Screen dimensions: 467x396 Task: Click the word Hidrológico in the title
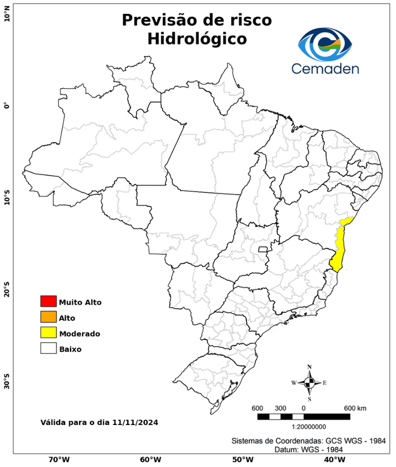(197, 39)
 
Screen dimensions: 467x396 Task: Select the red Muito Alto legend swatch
(48, 301)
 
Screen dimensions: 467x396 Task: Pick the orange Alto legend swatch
(48, 317)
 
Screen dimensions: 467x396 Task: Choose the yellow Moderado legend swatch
(48, 333)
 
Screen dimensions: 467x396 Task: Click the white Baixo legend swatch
(48, 348)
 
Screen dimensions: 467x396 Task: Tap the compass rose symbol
(309, 382)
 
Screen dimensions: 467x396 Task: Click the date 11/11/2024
(136, 422)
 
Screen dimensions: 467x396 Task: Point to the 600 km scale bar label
(355, 407)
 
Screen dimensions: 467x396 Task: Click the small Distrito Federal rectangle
(263, 249)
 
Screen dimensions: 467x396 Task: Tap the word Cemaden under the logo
(325, 68)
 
